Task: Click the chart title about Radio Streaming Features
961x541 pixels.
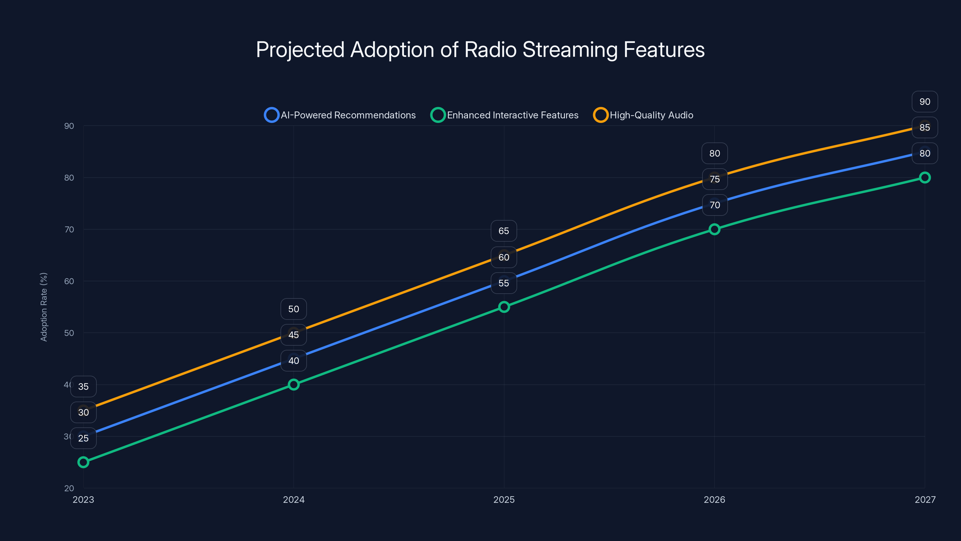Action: click(x=480, y=50)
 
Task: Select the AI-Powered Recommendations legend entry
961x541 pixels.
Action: click(x=340, y=115)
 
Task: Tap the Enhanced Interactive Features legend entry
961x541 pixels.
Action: click(x=505, y=115)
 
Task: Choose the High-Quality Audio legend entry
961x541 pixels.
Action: click(x=644, y=115)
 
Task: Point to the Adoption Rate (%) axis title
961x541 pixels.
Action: click(x=44, y=307)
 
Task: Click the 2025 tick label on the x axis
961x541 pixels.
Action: click(x=504, y=500)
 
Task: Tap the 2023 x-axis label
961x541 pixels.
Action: click(x=83, y=500)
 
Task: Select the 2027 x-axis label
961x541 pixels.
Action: click(x=925, y=500)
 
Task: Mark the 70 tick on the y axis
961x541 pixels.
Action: click(x=69, y=229)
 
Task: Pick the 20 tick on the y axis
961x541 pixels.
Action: click(x=69, y=488)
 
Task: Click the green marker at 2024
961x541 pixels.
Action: click(x=294, y=385)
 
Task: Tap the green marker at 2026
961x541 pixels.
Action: click(x=714, y=229)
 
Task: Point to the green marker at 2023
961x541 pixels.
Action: click(x=83, y=462)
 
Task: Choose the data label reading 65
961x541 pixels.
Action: click(x=504, y=231)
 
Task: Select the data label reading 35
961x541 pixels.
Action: click(x=83, y=387)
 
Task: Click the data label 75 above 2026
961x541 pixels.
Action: click(x=714, y=179)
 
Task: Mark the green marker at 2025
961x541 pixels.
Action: click(x=504, y=307)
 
